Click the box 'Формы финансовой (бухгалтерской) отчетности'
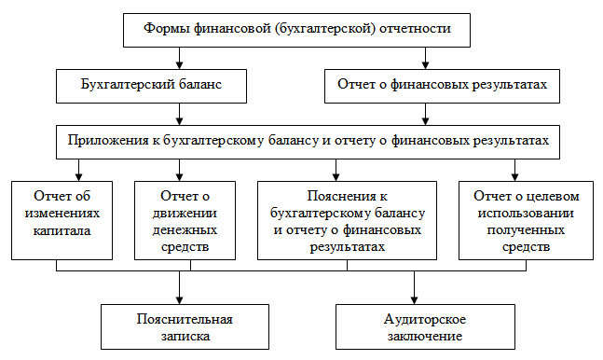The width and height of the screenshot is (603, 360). click(297, 28)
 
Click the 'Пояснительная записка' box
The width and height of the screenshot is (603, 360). click(182, 326)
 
